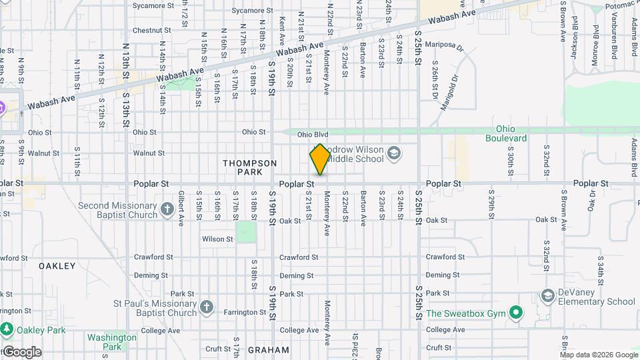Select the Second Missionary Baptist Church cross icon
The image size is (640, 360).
coord(167,210)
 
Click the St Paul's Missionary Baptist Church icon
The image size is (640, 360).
coord(207,307)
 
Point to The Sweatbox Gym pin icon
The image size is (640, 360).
coord(515,313)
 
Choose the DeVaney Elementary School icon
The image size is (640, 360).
coord(548,295)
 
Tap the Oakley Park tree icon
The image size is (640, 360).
coord(7,329)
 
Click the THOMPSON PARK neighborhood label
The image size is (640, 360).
coord(249,167)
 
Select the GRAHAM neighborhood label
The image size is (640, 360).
coord(268,349)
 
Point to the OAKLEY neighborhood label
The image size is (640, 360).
coord(57,266)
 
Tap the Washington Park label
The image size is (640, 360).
coord(112,342)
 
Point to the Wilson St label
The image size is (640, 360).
coord(217,239)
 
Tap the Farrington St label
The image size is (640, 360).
coord(245,312)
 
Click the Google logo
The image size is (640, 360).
coord(22,352)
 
